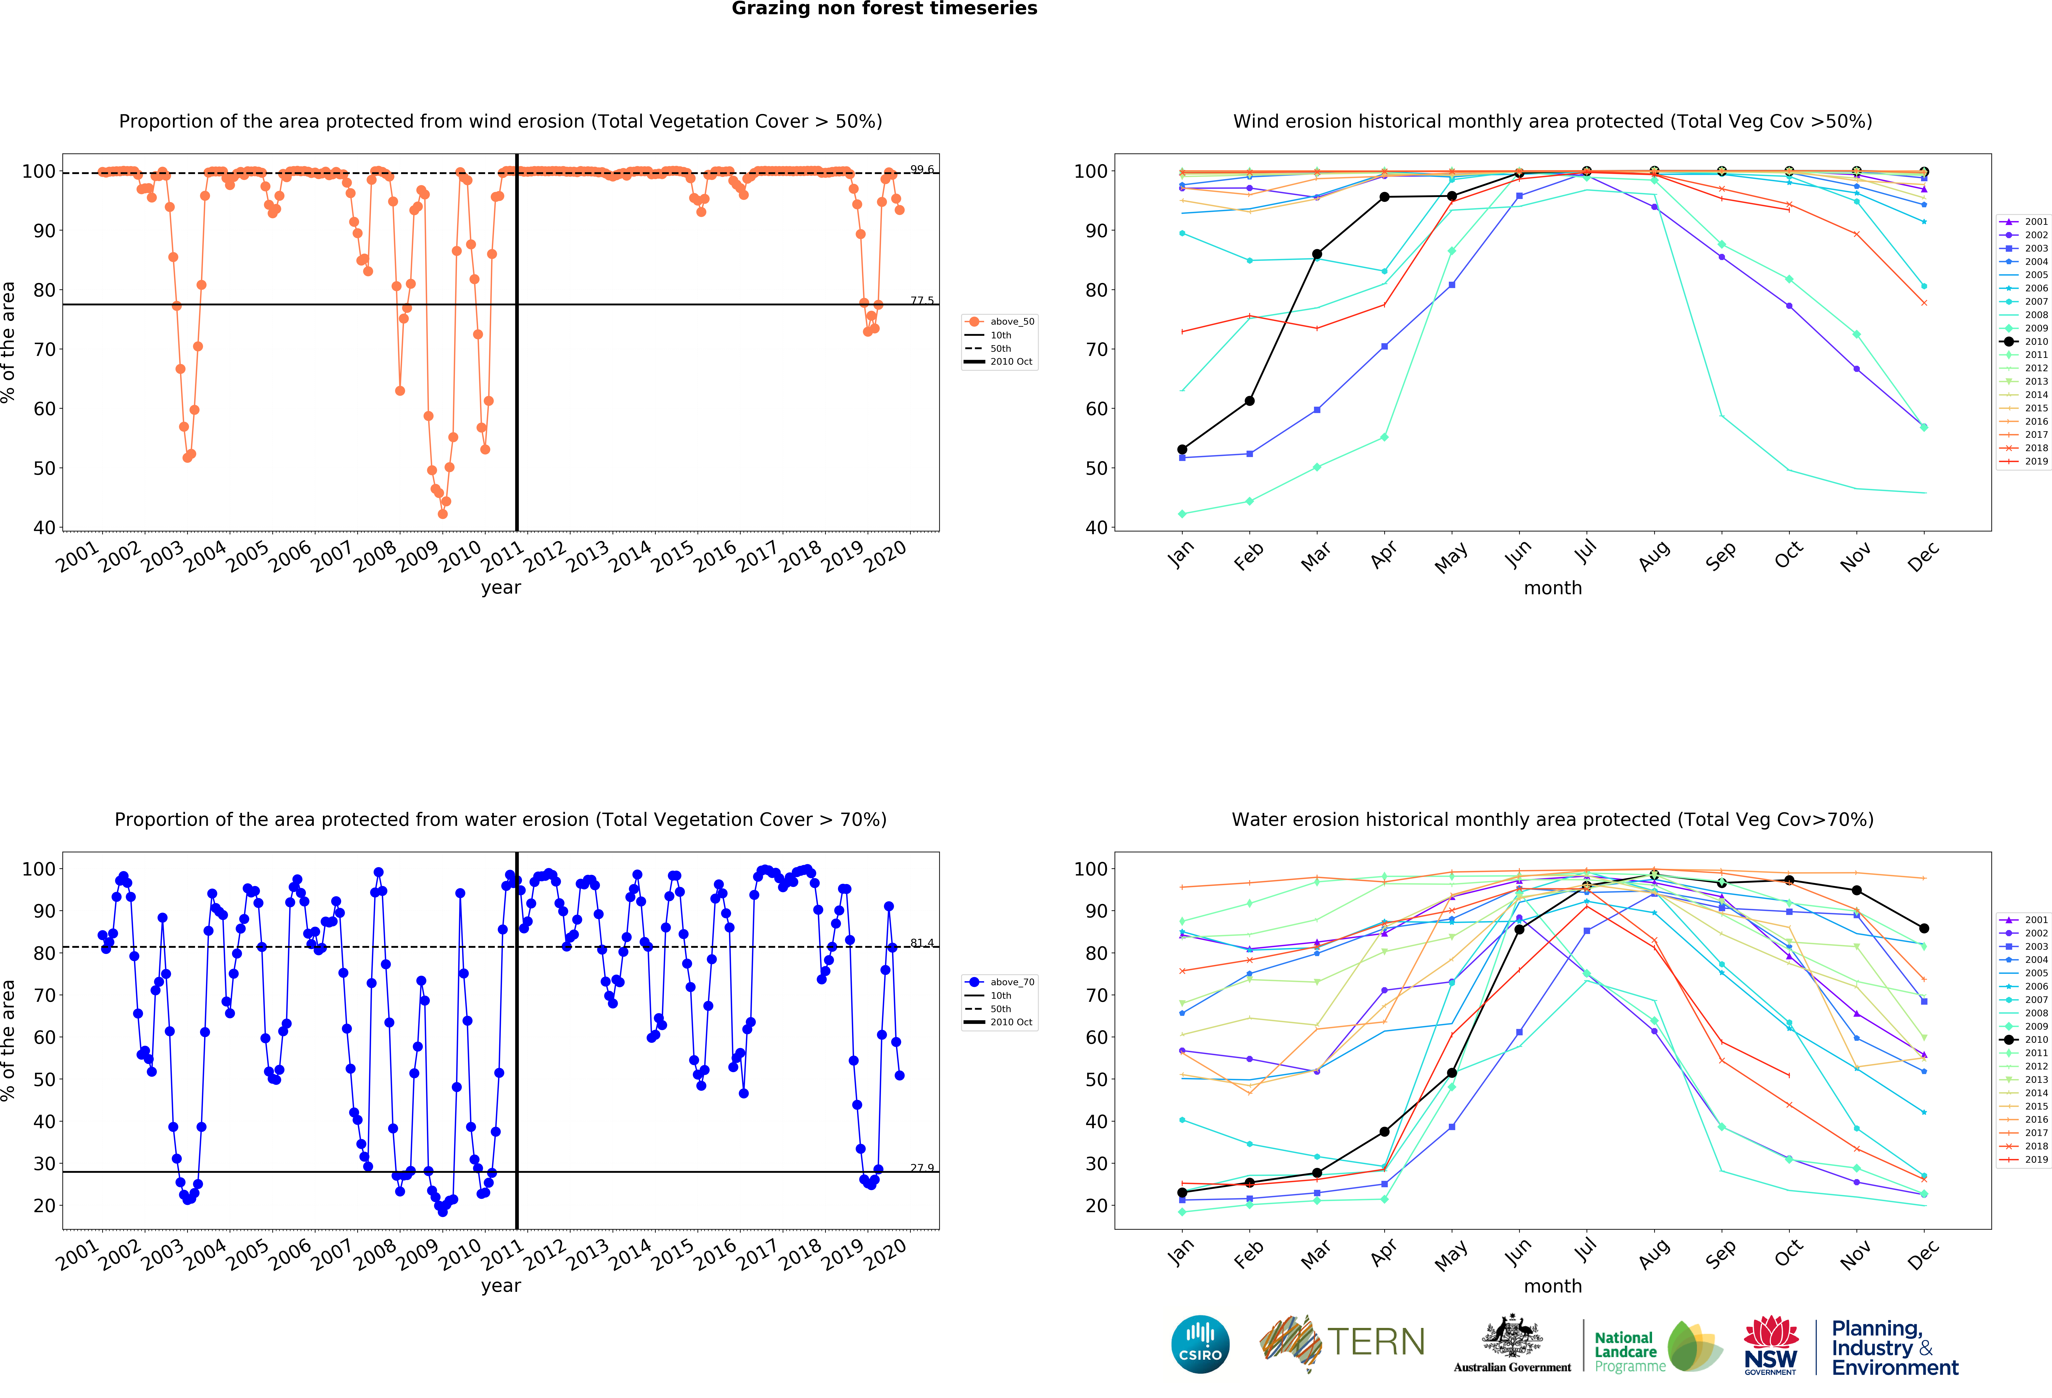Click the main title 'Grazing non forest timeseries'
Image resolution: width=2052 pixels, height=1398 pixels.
click(884, 9)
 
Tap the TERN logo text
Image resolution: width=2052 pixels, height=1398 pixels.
click(1376, 1342)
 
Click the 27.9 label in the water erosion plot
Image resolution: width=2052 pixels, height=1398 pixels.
click(922, 1168)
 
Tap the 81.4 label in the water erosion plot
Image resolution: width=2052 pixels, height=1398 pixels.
click(922, 943)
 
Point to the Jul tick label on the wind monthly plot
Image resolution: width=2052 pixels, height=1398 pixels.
click(1586, 552)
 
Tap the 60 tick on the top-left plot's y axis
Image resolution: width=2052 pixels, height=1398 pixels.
click(44, 409)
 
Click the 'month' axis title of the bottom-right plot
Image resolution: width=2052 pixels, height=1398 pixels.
click(1552, 1286)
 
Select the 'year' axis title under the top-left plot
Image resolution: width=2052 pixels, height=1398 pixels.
click(501, 588)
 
